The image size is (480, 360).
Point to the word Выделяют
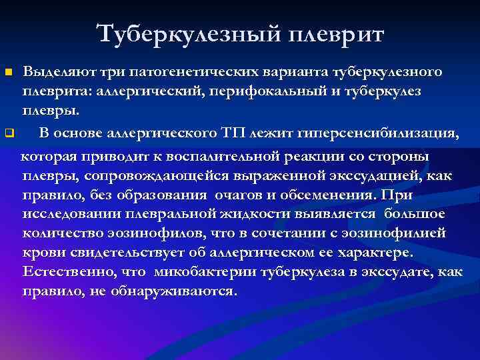57,71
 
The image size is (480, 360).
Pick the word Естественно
62,273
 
